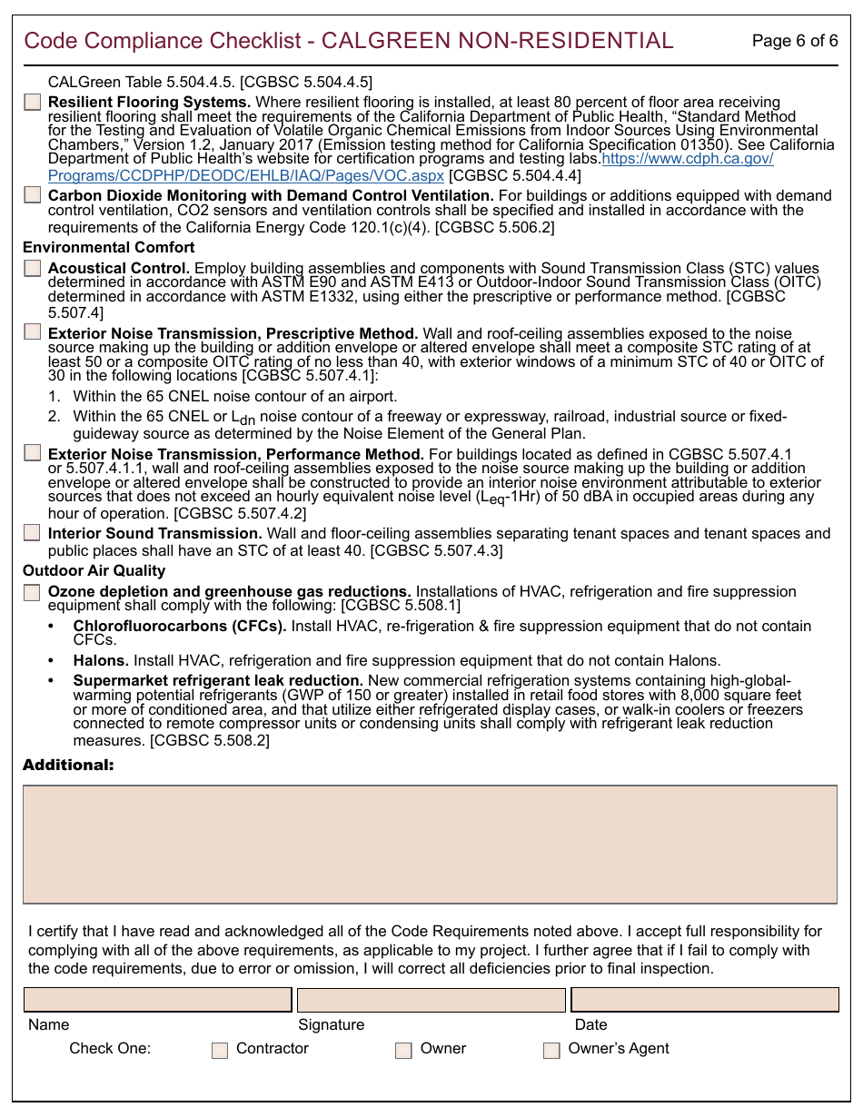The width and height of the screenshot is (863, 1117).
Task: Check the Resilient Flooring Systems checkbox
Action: click(x=33, y=103)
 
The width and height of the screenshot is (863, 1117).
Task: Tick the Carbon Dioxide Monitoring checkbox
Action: click(x=33, y=195)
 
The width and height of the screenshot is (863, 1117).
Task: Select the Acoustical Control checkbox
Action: click(x=33, y=268)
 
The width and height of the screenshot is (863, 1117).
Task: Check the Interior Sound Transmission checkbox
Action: click(x=33, y=533)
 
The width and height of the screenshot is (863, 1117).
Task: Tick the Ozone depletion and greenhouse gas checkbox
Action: click(x=33, y=592)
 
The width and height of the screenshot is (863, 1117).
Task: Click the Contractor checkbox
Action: click(x=220, y=1050)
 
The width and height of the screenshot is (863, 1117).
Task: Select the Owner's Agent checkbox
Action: click(x=551, y=1050)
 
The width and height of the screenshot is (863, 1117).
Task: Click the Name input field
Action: click(x=158, y=1000)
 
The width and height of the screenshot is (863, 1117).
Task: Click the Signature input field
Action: click(x=431, y=1000)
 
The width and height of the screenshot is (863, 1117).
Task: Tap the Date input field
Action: click(x=704, y=1000)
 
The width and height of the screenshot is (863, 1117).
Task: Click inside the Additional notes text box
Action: click(x=430, y=845)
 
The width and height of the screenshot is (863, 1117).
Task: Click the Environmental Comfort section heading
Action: click(x=109, y=247)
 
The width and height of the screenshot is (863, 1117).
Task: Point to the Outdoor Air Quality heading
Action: click(x=94, y=570)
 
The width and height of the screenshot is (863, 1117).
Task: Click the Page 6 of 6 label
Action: click(x=795, y=41)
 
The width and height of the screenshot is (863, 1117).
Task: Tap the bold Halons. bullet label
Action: click(x=101, y=660)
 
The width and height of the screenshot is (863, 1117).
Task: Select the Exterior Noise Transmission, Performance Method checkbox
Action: click(x=33, y=452)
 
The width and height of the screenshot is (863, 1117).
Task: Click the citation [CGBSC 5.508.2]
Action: click(x=210, y=740)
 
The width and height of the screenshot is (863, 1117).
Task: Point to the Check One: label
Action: click(x=110, y=1048)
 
